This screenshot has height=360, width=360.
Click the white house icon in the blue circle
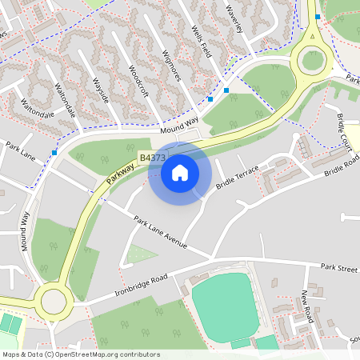click(x=180, y=172)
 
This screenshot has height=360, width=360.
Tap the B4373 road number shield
click(x=152, y=159)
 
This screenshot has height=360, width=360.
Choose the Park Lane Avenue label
click(x=160, y=231)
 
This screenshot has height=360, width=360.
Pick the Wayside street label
click(x=103, y=92)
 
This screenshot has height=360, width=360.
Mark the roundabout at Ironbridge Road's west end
click(x=54, y=302)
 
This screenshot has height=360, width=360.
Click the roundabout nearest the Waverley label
click(x=311, y=58)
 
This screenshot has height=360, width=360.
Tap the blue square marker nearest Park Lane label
click(x=54, y=152)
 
